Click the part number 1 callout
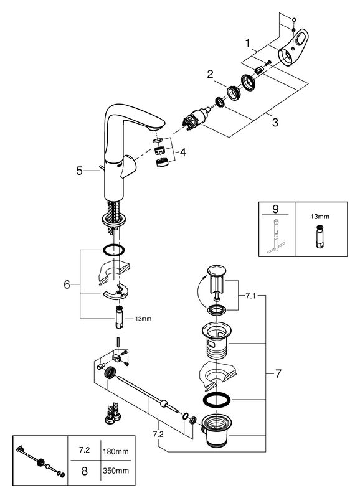pos(248,43)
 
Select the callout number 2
pos(210,74)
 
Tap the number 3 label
pos(275,122)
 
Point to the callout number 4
pos(182,153)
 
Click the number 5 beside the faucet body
pos(80,171)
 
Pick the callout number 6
pos(67,284)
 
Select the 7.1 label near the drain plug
pos(250,296)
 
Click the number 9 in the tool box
pos(275,209)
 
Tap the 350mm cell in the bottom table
pos(116,471)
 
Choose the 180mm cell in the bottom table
pos(116,451)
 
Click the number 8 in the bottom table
pos(84,471)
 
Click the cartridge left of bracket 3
pos(196,119)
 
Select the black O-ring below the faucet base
pos(113,250)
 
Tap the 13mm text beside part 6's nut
pos(143,319)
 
